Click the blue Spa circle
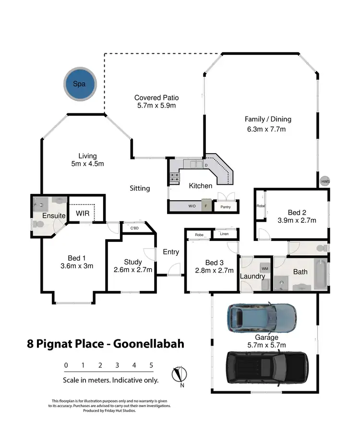[80, 84]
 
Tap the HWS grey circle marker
[325, 181]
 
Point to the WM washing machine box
[265, 269]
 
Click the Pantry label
[226, 207]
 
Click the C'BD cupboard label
[134, 228]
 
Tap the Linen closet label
[225, 234]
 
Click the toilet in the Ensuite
[38, 224]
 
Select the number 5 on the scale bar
[151, 365]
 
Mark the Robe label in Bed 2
[260, 205]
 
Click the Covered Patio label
[156, 97]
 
